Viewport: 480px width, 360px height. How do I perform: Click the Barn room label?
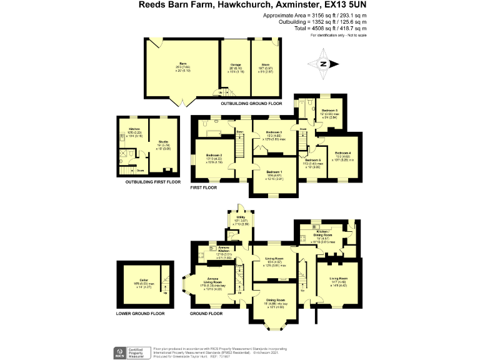pyautogui.click(x=183, y=63)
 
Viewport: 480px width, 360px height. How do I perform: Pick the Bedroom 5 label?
pyautogui.click(x=330, y=111)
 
